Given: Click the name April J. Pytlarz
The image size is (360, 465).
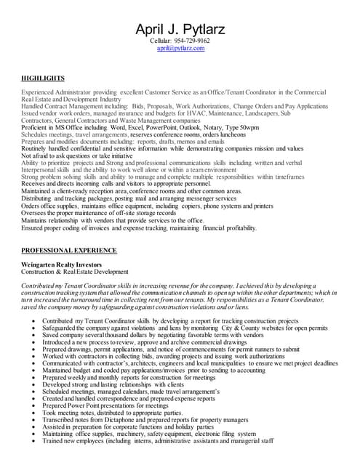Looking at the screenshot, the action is pyautogui.click(x=180, y=29).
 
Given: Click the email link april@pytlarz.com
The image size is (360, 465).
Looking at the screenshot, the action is pyautogui.click(x=180, y=49).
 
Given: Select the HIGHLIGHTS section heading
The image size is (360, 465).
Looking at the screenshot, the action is pyautogui.click(x=43, y=78).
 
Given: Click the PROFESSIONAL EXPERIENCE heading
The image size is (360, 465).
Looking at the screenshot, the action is pyautogui.click(x=68, y=249).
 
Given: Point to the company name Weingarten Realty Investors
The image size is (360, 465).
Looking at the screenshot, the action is pyautogui.click(x=61, y=264).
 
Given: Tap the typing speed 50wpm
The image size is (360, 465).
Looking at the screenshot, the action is pyautogui.click(x=248, y=127).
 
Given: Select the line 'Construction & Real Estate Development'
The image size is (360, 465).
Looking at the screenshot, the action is pyautogui.click(x=75, y=272).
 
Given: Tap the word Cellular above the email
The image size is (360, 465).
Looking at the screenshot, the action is pyautogui.click(x=163, y=41).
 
